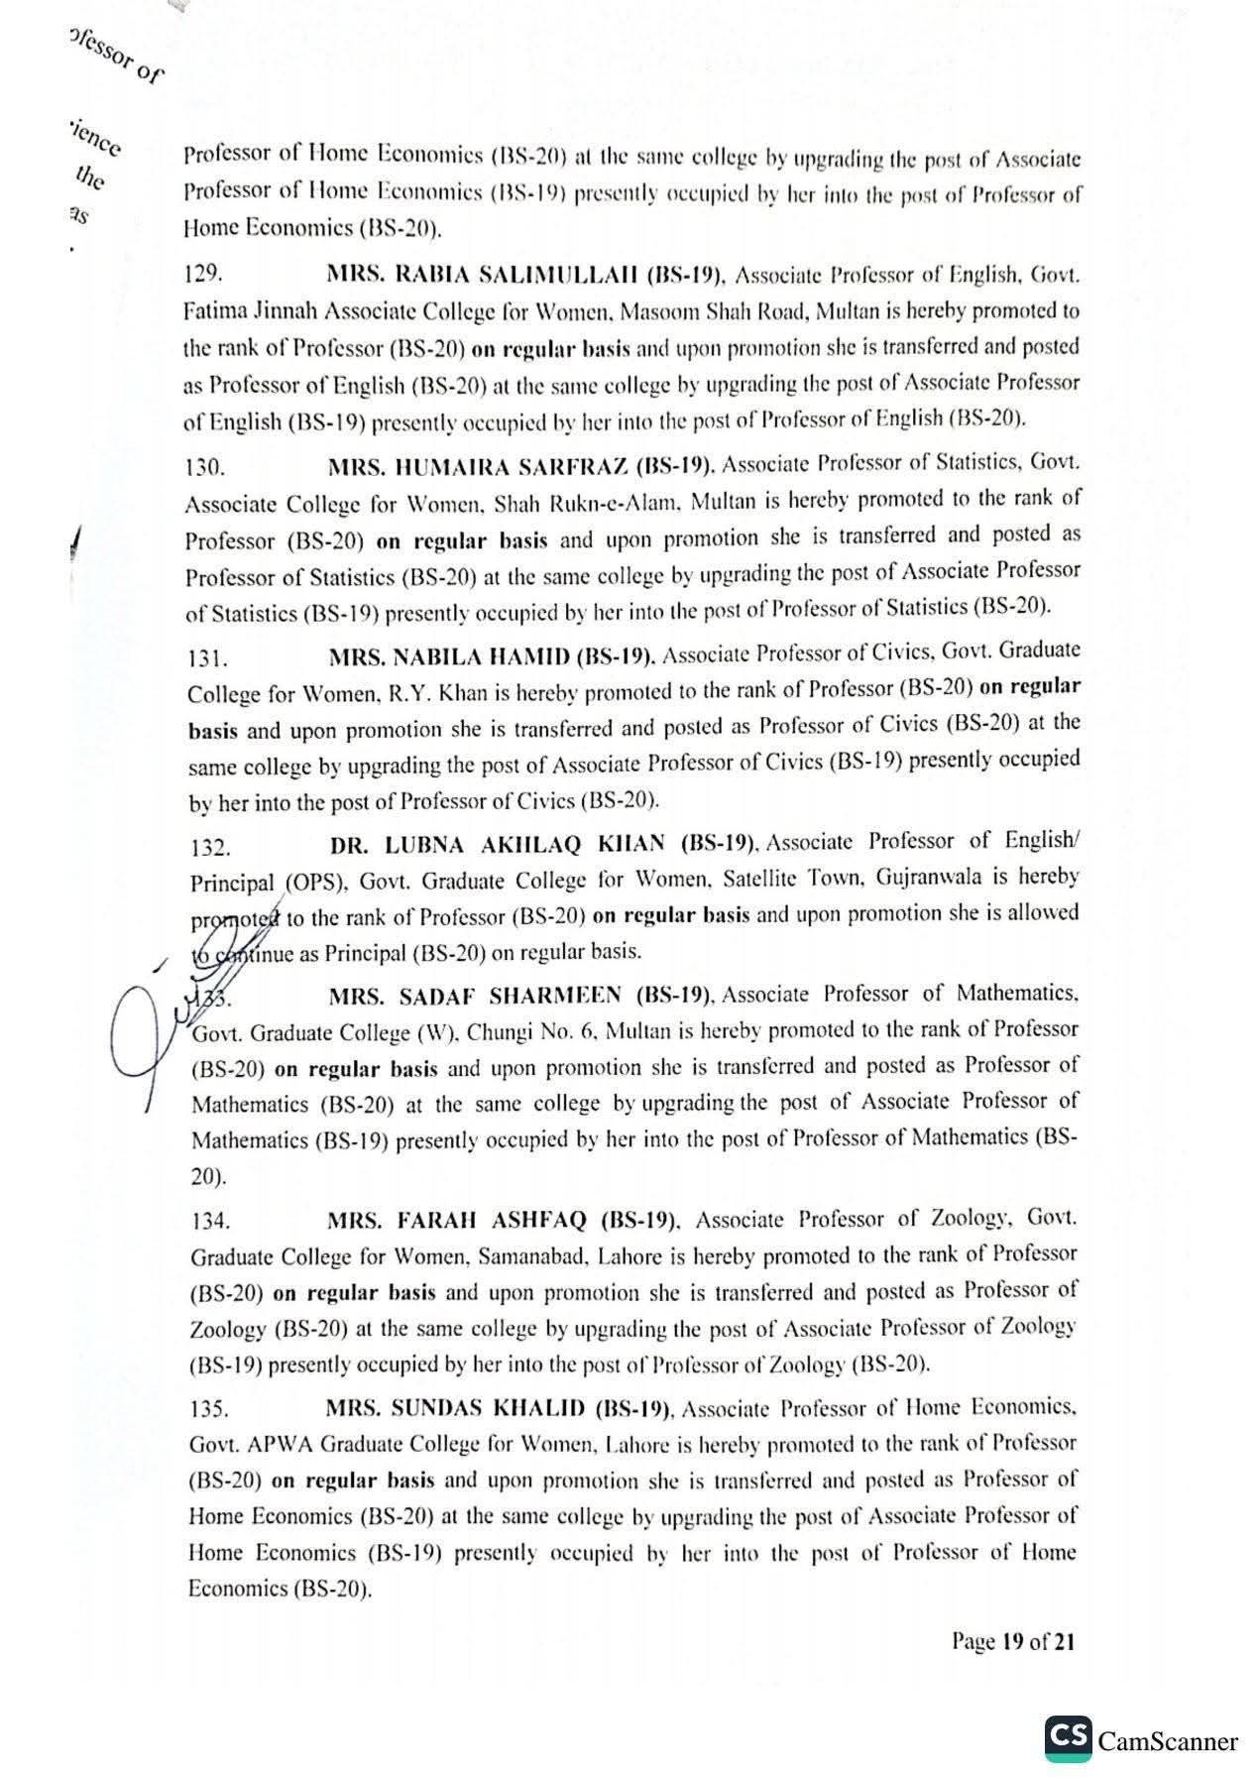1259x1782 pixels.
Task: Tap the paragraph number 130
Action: point(204,466)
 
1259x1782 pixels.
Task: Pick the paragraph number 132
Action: point(210,848)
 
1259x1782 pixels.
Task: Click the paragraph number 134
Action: point(210,1221)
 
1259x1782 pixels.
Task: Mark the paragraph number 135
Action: point(209,1409)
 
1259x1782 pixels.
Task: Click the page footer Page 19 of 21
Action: point(1012,1641)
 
